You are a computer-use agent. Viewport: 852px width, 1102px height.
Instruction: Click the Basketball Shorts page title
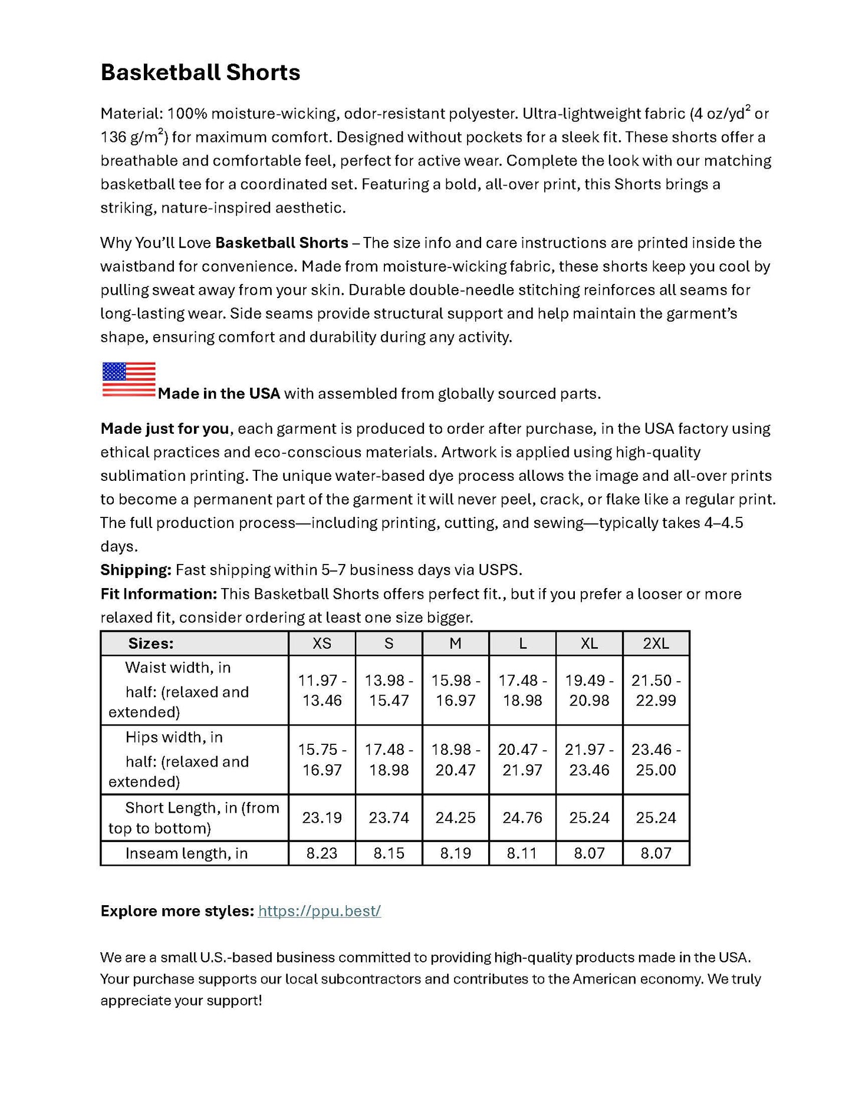(200, 72)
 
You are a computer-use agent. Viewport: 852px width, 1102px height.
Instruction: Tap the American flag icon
(129, 379)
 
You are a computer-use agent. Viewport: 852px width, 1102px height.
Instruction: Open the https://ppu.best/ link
(320, 910)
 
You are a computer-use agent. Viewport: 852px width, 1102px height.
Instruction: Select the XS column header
(322, 644)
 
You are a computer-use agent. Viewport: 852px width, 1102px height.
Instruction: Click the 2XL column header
(656, 644)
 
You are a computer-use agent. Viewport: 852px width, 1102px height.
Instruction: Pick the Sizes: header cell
(151, 644)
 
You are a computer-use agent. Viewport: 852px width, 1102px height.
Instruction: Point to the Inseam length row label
(186, 853)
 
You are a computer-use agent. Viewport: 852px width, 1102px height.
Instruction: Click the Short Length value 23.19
(322, 817)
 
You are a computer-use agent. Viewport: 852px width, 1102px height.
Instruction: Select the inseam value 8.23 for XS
(322, 853)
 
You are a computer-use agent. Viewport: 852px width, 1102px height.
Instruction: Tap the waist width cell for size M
(456, 690)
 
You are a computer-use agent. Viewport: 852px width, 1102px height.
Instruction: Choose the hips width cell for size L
(522, 760)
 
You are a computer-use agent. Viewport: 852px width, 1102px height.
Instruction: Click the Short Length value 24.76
(522, 817)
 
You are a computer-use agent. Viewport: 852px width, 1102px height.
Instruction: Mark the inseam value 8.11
(522, 853)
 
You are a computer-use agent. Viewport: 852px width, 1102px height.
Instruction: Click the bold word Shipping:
(136, 570)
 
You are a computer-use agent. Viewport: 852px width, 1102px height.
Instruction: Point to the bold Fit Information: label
(159, 593)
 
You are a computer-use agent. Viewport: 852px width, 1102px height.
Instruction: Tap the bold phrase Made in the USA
(219, 394)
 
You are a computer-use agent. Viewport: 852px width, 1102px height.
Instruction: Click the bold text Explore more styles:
(177, 910)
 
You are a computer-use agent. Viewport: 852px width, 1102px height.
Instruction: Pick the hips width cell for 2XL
(656, 760)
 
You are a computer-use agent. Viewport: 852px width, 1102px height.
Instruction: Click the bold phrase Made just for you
(165, 428)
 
